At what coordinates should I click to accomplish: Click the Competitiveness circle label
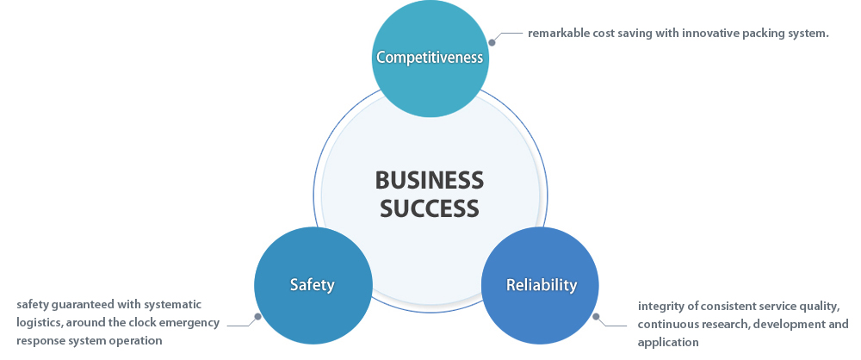coord(430,59)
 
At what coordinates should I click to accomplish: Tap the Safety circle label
coord(312,285)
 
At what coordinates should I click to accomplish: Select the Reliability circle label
coord(541,285)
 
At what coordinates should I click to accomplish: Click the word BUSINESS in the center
coord(430,180)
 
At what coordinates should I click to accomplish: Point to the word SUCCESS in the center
coord(430,208)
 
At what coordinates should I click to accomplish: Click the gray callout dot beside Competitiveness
coord(492,41)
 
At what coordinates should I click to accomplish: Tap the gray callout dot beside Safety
coord(257,317)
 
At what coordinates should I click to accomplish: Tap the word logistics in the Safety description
coord(40,323)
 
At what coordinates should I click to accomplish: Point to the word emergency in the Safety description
coord(189,323)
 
